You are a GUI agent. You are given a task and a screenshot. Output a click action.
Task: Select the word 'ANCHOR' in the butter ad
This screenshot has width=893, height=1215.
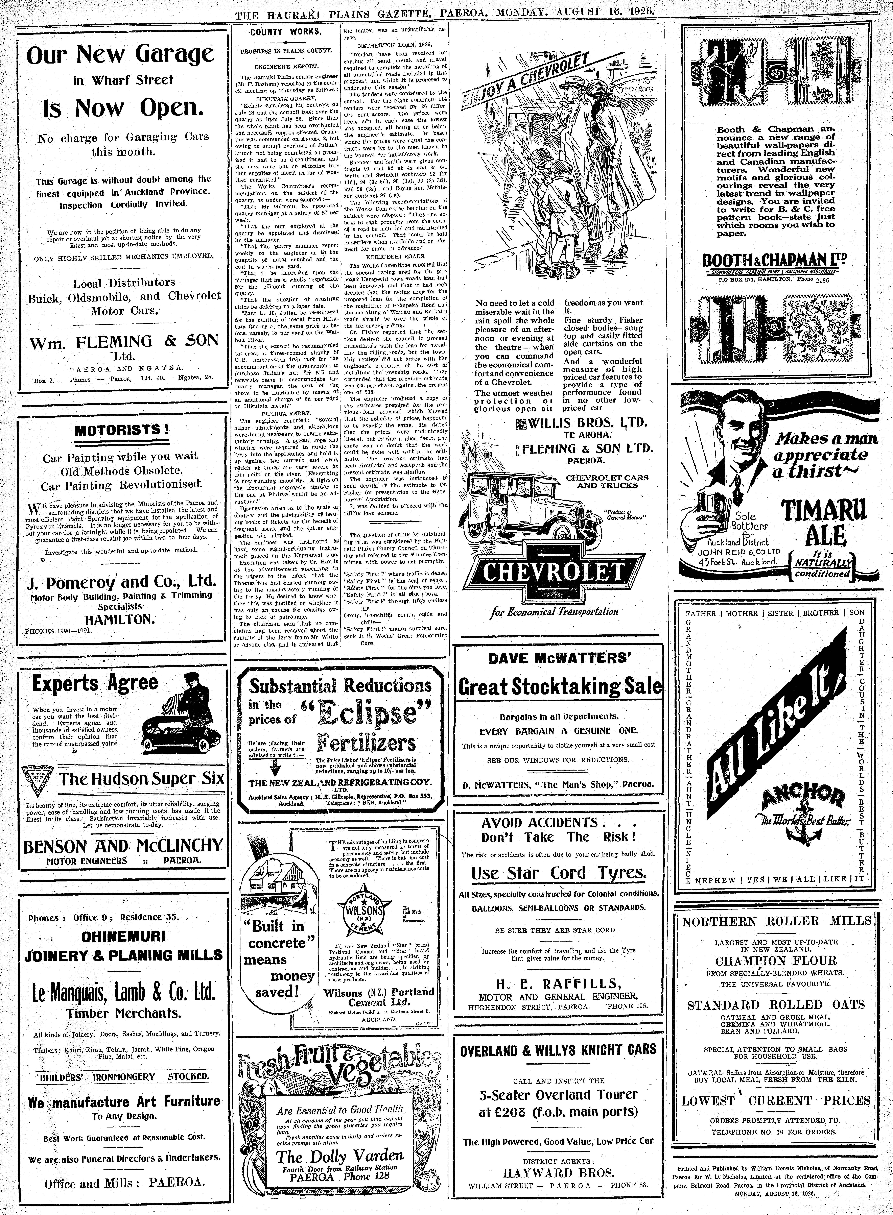point(803,797)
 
